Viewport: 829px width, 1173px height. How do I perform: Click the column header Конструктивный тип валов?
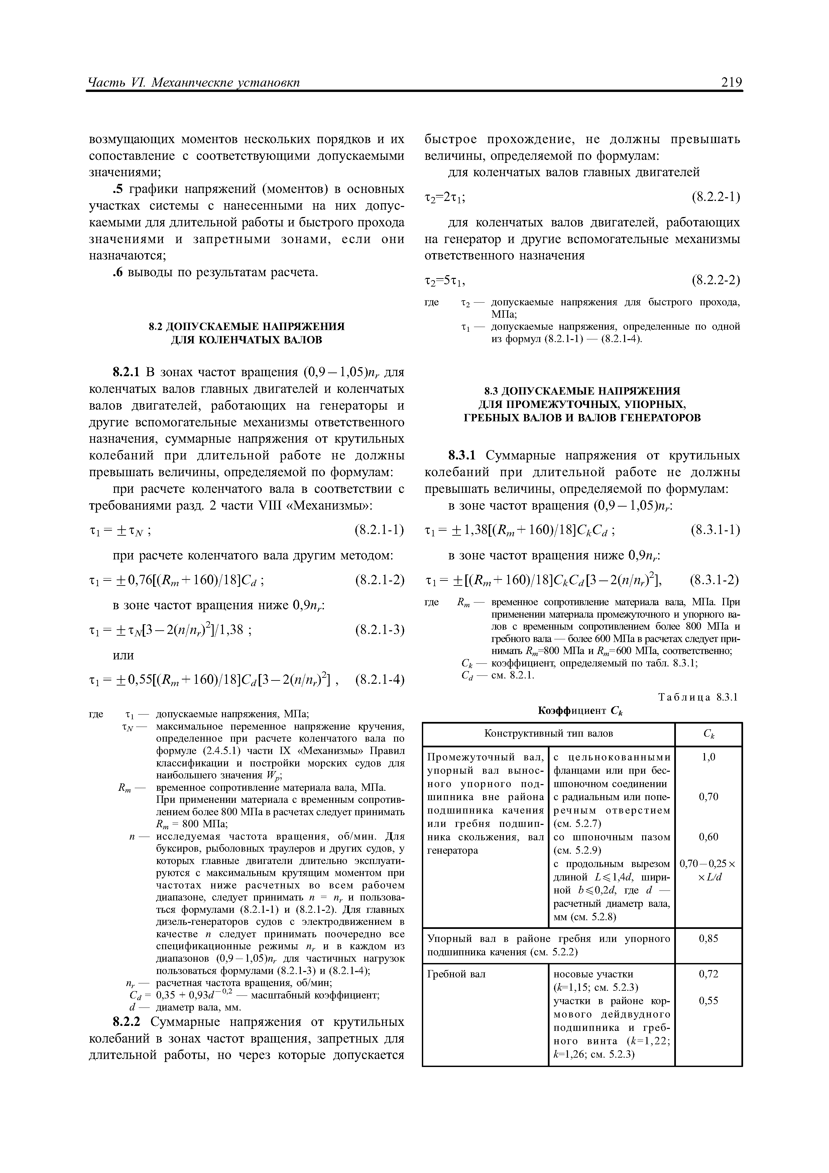click(548, 734)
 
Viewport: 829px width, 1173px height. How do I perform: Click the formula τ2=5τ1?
click(445, 281)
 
